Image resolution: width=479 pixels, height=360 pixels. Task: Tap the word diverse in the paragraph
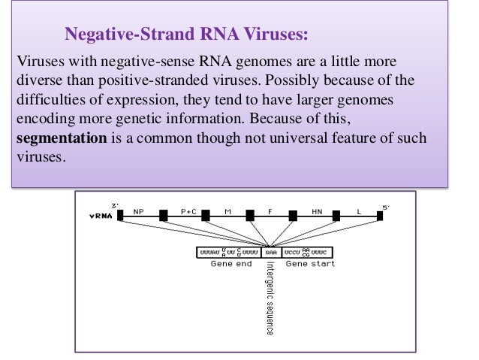[x=35, y=79]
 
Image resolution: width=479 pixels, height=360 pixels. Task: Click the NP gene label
[x=138, y=212]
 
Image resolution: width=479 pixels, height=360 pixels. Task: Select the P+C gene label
[x=189, y=212]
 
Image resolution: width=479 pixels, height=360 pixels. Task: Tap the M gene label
[x=227, y=212]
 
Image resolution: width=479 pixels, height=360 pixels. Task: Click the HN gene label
[x=316, y=212]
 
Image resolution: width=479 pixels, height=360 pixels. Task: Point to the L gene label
[x=359, y=212]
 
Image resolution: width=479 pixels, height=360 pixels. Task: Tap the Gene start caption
[x=310, y=265]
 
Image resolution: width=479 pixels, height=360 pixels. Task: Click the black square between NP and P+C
[x=163, y=217]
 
